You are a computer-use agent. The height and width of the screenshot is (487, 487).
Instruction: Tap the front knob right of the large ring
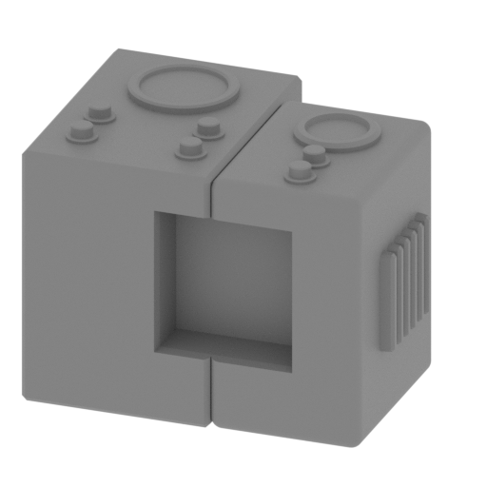[x=190, y=146]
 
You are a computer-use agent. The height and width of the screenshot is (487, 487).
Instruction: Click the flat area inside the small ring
[x=336, y=130]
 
